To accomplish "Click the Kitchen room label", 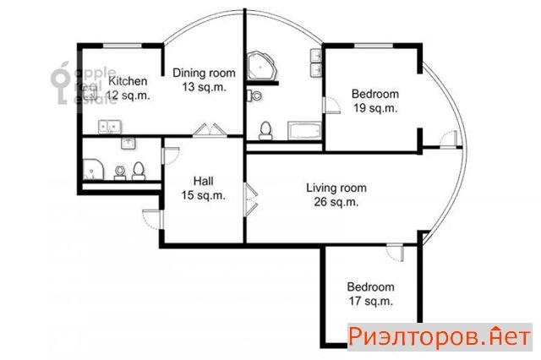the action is [128, 81].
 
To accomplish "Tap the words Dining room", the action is [204, 74].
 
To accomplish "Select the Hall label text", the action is [203, 181].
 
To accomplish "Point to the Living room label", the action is [336, 188].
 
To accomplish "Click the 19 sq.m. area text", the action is [375, 108].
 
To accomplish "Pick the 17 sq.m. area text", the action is [371, 301].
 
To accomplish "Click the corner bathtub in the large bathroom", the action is [262, 66].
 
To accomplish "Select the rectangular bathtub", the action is [304, 131].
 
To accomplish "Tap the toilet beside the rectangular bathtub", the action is [265, 131].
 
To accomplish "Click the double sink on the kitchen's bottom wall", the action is [109, 127].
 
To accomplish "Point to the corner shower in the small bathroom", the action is [93, 169].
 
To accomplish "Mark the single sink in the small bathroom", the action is [128, 143].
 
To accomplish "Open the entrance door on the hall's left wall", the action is [153, 219].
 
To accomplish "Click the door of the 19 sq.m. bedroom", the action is [331, 105].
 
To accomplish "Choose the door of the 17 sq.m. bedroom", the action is [395, 253].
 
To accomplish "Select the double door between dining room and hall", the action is [210, 130].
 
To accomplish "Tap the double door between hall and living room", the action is [251, 199].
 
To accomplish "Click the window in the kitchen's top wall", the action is [123, 45].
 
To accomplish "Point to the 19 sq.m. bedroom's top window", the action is [374, 45].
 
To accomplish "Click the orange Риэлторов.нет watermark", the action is [440, 337].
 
